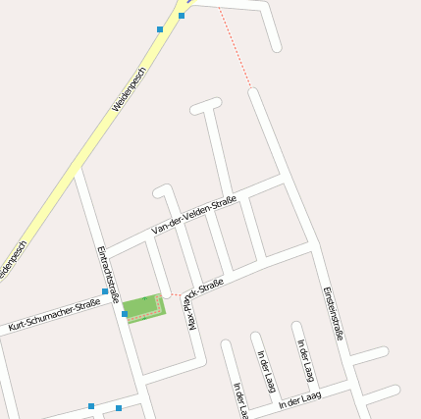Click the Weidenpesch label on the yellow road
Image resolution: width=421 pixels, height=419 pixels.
[x=129, y=89]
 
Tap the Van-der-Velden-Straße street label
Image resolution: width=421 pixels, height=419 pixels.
[x=194, y=216]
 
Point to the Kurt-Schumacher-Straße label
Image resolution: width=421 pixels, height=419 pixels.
[x=54, y=311]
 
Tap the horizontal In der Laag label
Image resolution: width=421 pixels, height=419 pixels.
[x=299, y=399]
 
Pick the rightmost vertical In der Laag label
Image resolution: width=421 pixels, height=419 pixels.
[x=307, y=361]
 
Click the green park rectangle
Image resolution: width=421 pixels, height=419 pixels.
[x=144, y=308]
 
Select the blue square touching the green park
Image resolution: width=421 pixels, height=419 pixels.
[x=125, y=314]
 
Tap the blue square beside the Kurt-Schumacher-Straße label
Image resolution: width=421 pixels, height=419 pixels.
[x=105, y=291]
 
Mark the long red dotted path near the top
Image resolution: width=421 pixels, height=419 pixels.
[x=235, y=47]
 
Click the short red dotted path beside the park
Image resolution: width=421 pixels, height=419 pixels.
[x=173, y=294]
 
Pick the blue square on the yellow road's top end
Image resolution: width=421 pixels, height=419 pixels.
[x=182, y=16]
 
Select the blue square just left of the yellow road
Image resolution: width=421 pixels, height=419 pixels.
[x=160, y=29]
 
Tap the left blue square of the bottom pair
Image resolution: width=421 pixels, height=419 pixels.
[x=91, y=405]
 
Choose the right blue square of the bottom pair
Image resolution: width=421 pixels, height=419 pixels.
[x=119, y=408]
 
